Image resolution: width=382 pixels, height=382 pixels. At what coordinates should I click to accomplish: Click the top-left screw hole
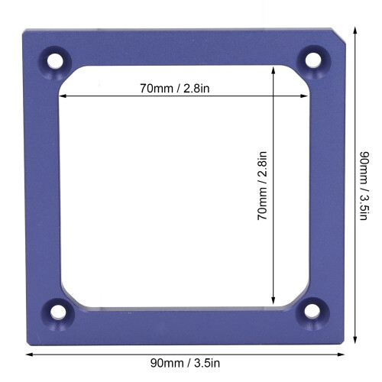click(55, 61)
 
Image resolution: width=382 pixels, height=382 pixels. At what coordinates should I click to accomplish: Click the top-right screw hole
click(313, 60)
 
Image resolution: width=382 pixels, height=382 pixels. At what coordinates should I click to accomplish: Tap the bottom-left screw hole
click(58, 312)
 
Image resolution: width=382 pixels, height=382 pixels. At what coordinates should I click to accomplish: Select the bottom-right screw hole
click(312, 311)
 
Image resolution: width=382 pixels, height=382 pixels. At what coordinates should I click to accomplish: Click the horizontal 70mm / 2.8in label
click(175, 89)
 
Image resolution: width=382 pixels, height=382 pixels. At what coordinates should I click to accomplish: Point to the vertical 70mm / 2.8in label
click(262, 186)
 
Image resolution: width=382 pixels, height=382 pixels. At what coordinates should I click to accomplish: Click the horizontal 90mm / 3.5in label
click(185, 363)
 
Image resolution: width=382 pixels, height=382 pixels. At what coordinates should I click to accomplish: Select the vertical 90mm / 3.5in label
click(364, 186)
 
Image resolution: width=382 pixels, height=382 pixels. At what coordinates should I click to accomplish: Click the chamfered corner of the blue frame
click(338, 37)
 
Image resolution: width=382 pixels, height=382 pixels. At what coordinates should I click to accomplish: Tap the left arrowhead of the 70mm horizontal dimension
click(63, 96)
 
